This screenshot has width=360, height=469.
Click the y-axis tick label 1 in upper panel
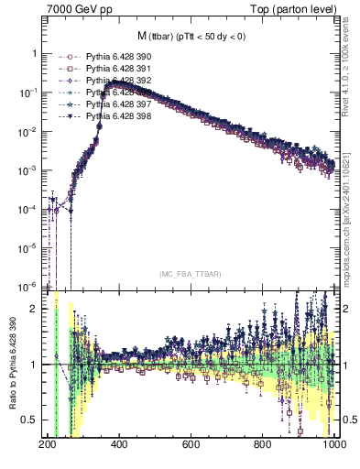(x=35, y=54)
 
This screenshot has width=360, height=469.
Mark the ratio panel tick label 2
(x=35, y=309)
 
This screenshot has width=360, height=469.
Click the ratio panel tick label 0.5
(x=31, y=420)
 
